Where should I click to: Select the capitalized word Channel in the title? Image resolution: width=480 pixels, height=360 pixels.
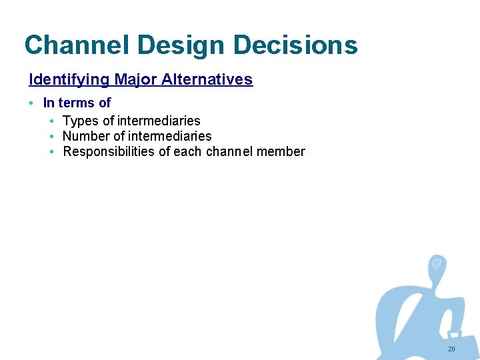[77, 45]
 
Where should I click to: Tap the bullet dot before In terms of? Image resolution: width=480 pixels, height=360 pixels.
[32, 104]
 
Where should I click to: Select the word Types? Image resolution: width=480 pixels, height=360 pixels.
[80, 121]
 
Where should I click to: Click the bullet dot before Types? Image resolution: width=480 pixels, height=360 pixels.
[52, 121]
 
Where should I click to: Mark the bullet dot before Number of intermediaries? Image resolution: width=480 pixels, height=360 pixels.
[52, 137]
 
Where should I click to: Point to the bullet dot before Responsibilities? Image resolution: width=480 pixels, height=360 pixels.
[52, 152]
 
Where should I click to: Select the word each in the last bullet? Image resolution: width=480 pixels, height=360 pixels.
[187, 152]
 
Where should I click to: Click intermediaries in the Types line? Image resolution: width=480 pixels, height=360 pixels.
[159, 121]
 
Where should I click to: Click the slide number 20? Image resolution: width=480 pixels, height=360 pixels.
[451, 349]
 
